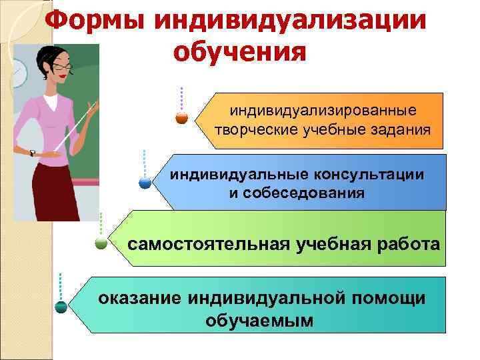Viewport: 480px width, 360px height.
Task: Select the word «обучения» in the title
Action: coord(240,52)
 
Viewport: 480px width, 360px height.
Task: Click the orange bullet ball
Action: coord(181,118)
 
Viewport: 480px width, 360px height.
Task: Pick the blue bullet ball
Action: coord(145,181)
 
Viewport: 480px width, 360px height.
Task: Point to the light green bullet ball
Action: coord(101,243)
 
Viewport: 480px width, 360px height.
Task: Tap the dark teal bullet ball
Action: coord(61,307)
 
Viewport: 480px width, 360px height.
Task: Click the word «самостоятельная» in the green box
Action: coord(209,243)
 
